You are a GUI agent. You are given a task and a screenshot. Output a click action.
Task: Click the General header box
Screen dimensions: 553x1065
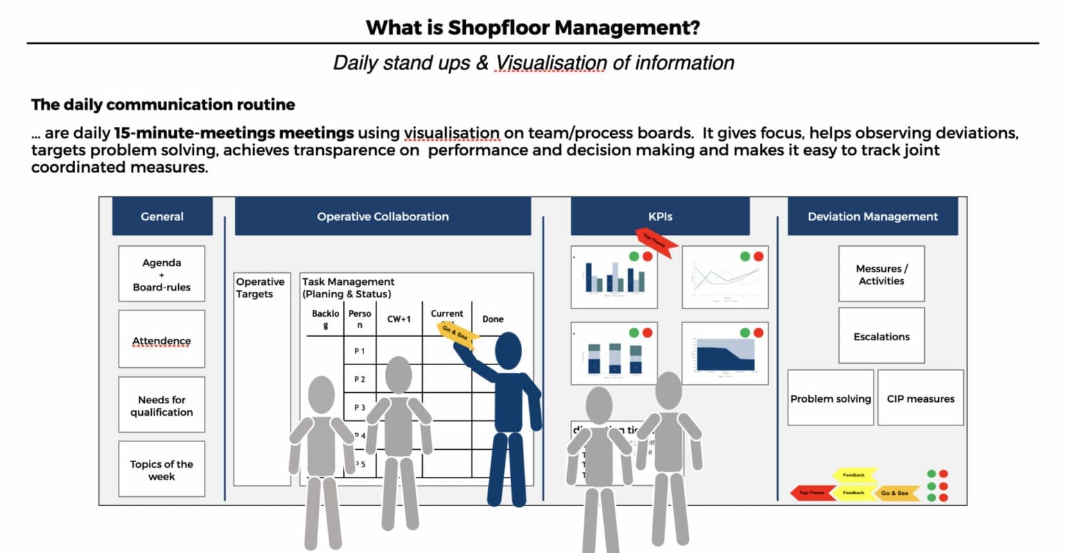tap(162, 216)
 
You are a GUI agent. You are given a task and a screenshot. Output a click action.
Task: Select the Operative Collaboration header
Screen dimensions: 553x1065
tap(383, 216)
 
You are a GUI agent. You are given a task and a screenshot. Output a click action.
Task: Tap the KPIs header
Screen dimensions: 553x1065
tap(659, 216)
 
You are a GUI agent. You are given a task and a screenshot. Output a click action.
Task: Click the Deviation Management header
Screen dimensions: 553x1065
tap(872, 216)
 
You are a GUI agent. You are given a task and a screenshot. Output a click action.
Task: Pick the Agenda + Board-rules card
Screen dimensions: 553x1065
tap(162, 274)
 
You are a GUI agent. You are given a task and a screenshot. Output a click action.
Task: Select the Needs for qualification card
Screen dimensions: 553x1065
tap(162, 405)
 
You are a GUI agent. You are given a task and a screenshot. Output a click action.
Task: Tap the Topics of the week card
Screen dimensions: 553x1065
tap(162, 469)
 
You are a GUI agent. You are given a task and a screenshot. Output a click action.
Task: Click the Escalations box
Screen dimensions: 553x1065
tap(881, 336)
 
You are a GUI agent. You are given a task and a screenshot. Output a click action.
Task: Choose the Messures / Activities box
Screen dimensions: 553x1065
tap(881, 274)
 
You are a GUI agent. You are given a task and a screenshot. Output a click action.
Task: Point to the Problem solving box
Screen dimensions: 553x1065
tap(830, 398)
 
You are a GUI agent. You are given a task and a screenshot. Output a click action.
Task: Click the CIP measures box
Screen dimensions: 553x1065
tap(920, 398)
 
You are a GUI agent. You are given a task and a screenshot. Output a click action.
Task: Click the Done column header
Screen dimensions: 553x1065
tap(493, 319)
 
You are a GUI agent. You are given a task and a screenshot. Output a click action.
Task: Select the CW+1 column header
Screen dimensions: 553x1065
tap(399, 319)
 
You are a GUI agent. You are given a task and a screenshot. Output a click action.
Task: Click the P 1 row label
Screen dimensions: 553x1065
tap(360, 351)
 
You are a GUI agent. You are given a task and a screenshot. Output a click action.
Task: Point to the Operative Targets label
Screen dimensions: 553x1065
tap(260, 288)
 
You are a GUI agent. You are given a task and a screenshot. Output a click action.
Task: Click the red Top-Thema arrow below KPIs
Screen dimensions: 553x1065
tap(656, 243)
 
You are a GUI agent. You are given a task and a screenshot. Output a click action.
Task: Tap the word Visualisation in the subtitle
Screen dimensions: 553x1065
tap(551, 63)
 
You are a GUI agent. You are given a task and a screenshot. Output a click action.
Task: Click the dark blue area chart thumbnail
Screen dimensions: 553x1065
tap(725, 353)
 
